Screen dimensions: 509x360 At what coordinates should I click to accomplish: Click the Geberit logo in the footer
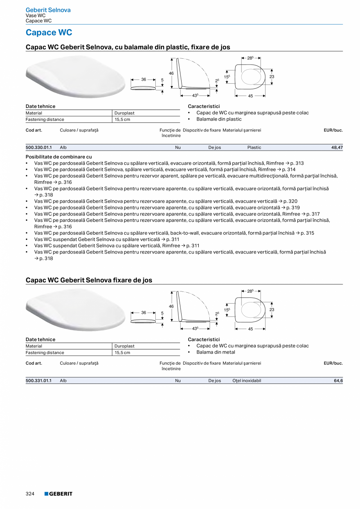click(58, 494)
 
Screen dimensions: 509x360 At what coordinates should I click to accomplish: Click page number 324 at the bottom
click(30, 494)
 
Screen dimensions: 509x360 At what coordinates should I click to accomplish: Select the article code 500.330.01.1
click(38, 147)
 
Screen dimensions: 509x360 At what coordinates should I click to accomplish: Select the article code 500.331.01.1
click(38, 381)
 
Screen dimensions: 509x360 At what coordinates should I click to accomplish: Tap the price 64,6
click(338, 381)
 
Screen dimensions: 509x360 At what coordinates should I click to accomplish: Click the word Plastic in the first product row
click(254, 147)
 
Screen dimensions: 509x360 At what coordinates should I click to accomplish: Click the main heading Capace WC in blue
click(49, 32)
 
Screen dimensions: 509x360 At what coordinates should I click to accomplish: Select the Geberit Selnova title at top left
click(48, 10)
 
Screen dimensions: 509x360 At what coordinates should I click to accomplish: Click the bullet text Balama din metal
click(216, 352)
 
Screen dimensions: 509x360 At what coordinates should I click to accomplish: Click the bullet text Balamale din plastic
click(219, 119)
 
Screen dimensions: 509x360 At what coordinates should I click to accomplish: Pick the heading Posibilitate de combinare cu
click(59, 156)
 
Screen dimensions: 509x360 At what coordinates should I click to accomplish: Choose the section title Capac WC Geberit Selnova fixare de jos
click(89, 280)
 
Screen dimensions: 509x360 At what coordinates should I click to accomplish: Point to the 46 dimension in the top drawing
click(171, 73)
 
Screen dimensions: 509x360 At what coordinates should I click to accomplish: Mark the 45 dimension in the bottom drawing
click(250, 329)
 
